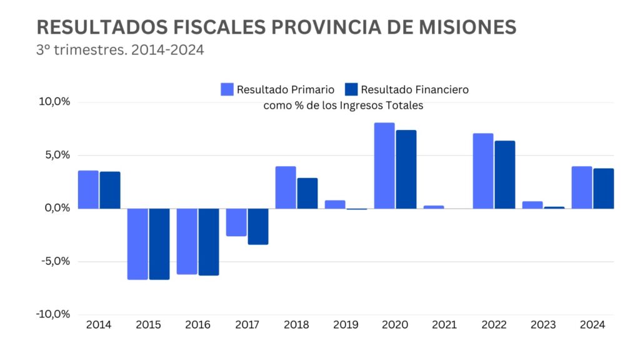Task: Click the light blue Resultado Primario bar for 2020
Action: tap(384, 166)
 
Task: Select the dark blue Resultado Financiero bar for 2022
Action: tap(504, 175)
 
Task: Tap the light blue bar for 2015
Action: tap(137, 244)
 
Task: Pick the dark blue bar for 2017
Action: tap(258, 226)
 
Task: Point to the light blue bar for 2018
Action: tap(286, 187)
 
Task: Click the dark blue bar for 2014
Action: tap(110, 190)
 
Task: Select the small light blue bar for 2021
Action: tap(434, 207)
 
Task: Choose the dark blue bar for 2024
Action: tap(603, 189)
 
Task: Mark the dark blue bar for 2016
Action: tap(209, 242)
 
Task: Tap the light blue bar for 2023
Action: tap(532, 205)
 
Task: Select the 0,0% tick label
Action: tap(56, 208)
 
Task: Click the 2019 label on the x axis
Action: tap(346, 325)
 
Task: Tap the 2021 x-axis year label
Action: tap(444, 325)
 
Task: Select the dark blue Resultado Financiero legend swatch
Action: tap(351, 89)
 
